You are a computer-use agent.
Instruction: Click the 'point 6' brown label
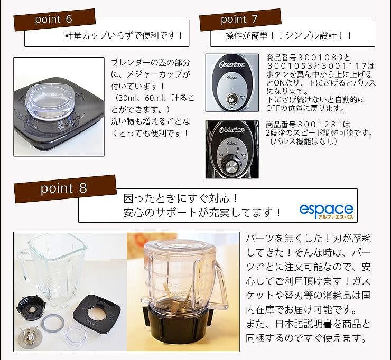(54, 20)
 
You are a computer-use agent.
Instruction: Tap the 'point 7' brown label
(240, 20)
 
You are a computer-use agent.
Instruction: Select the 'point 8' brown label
(66, 188)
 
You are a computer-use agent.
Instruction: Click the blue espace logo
(326, 211)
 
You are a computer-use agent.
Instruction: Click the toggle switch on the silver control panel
(231, 99)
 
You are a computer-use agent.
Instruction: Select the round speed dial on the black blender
(231, 165)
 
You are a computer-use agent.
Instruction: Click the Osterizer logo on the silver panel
(231, 64)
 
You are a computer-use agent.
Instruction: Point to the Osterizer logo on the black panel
(232, 130)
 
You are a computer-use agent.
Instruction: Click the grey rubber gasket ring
(53, 323)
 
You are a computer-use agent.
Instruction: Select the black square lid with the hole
(97, 314)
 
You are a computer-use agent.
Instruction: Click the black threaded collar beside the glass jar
(31, 307)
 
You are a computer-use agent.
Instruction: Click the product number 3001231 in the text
(320, 125)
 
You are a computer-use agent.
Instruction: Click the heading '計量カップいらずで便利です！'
(124, 35)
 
